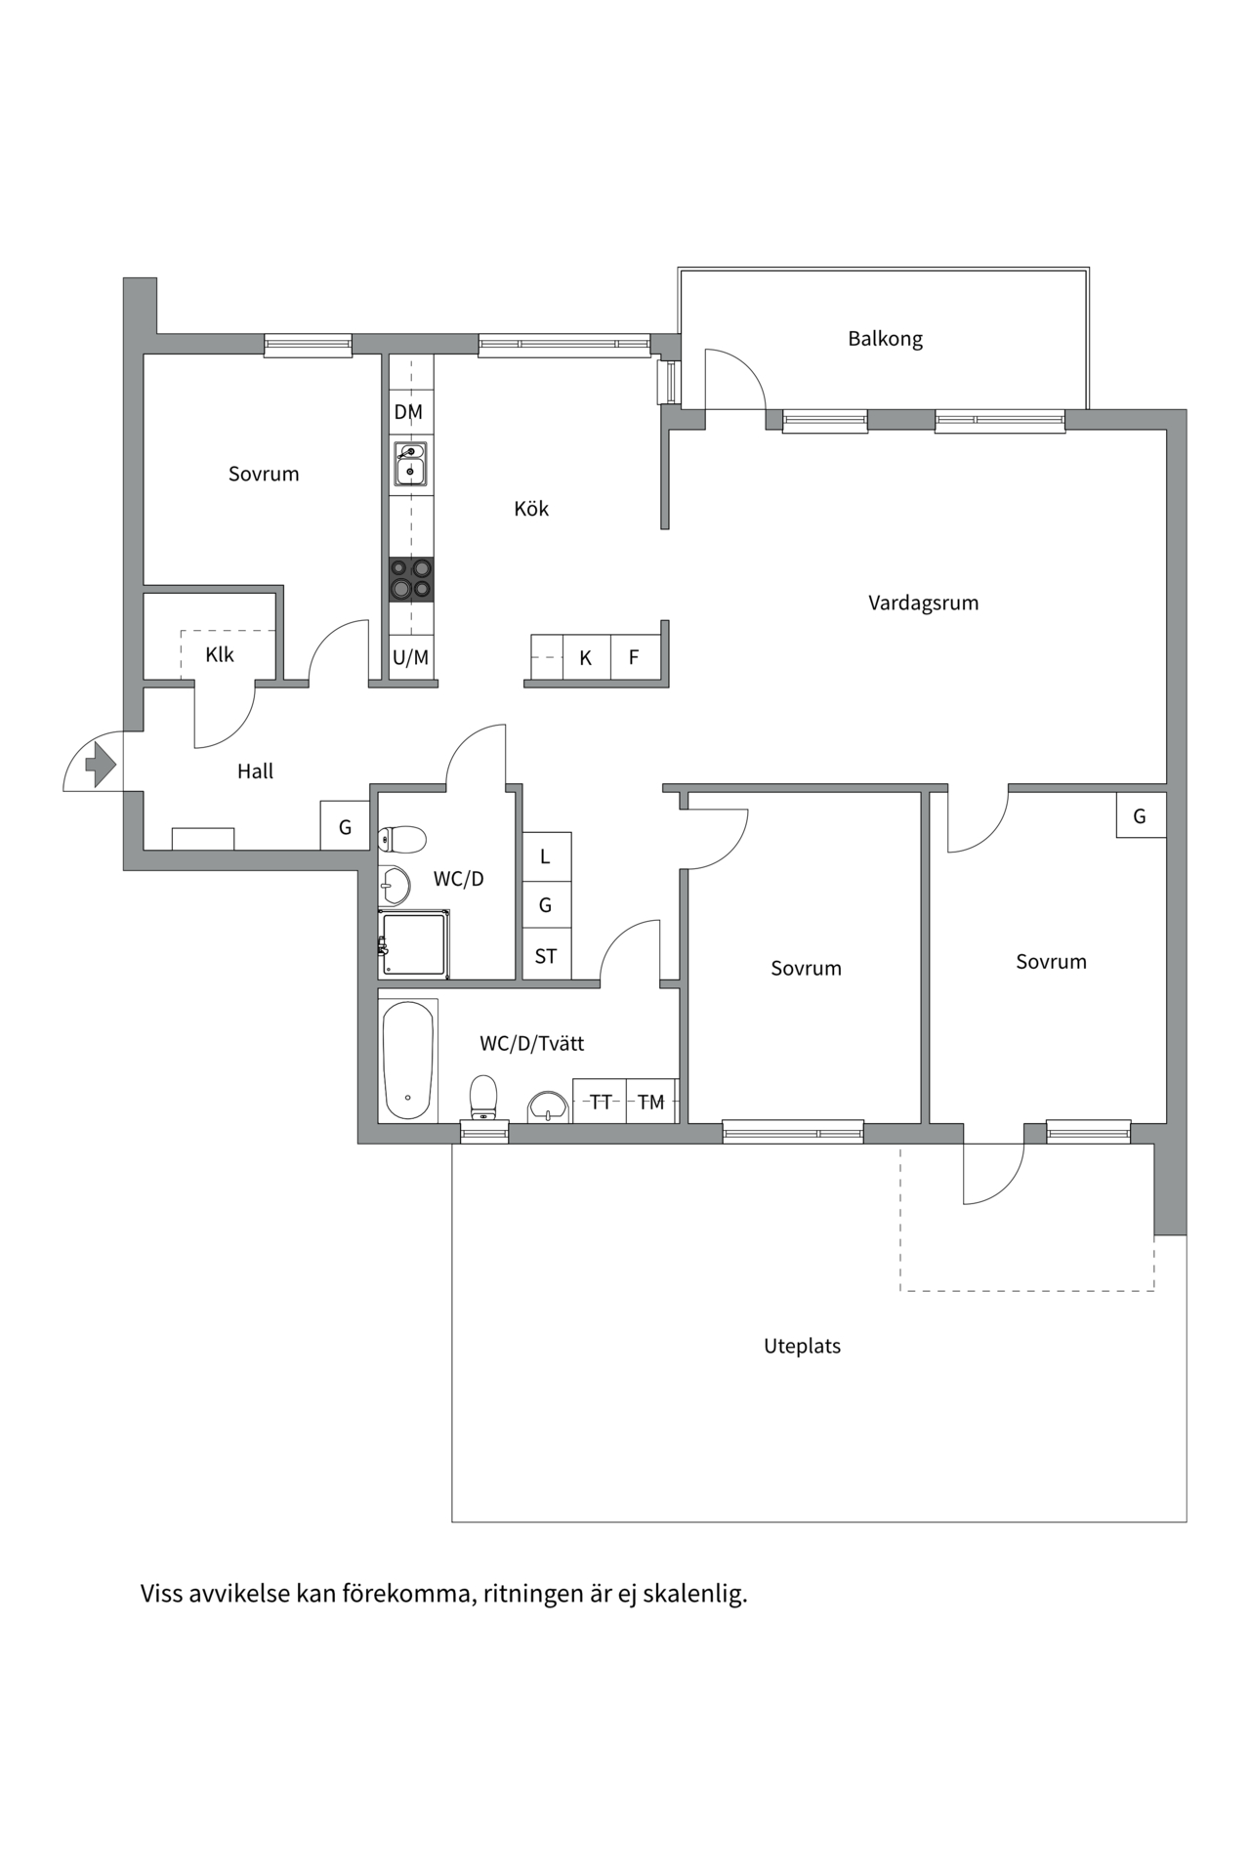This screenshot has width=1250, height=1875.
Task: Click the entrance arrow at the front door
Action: point(102,764)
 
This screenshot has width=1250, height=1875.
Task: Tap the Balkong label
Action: point(885,339)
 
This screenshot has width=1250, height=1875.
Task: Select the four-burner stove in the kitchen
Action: point(411,579)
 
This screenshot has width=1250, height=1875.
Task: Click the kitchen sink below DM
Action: point(411,464)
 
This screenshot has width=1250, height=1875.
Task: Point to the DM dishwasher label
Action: point(408,412)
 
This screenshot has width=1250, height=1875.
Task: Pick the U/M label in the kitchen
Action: point(410,657)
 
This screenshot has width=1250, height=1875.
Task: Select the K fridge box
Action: point(586,656)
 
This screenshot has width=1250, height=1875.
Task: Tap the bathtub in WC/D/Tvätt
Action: point(408,1061)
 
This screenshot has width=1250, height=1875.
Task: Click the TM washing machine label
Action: point(651,1102)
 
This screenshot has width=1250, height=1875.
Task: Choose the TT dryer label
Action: point(601,1102)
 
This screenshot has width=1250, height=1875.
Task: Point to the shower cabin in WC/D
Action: point(414,943)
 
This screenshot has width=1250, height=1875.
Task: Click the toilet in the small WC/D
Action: point(402,839)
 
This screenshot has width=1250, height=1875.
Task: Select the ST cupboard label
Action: point(546,957)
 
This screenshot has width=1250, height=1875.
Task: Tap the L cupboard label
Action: point(545,856)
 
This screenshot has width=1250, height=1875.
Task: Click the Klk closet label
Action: point(220,654)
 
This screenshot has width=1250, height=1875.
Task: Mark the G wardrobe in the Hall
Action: point(345,826)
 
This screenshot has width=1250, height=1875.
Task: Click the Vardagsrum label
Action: point(923,604)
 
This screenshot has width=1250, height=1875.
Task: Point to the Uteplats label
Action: point(802,1346)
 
